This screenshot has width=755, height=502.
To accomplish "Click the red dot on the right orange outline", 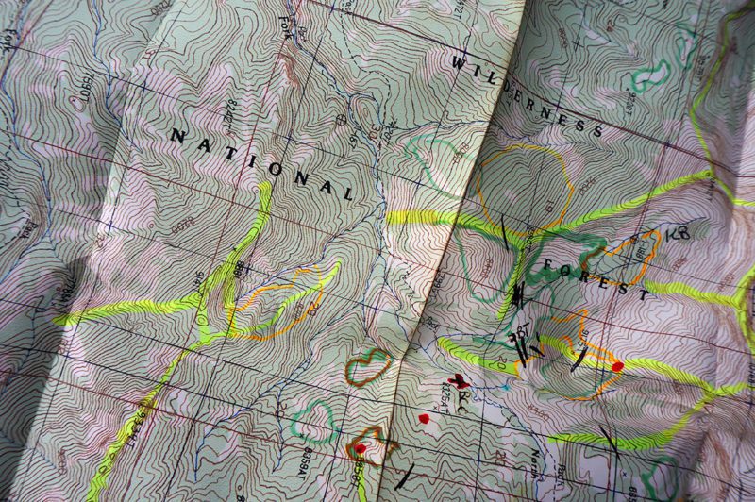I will (617, 366).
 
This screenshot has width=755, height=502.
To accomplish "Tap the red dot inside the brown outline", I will (361, 448).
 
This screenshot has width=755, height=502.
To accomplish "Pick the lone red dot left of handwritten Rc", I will (423, 417).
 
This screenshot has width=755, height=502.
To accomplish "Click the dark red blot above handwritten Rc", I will (460, 381).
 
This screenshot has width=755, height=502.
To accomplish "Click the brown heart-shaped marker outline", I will (368, 367).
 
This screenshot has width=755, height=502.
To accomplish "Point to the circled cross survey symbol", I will (341, 120).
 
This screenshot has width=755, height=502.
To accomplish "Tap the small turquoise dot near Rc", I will (504, 387).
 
